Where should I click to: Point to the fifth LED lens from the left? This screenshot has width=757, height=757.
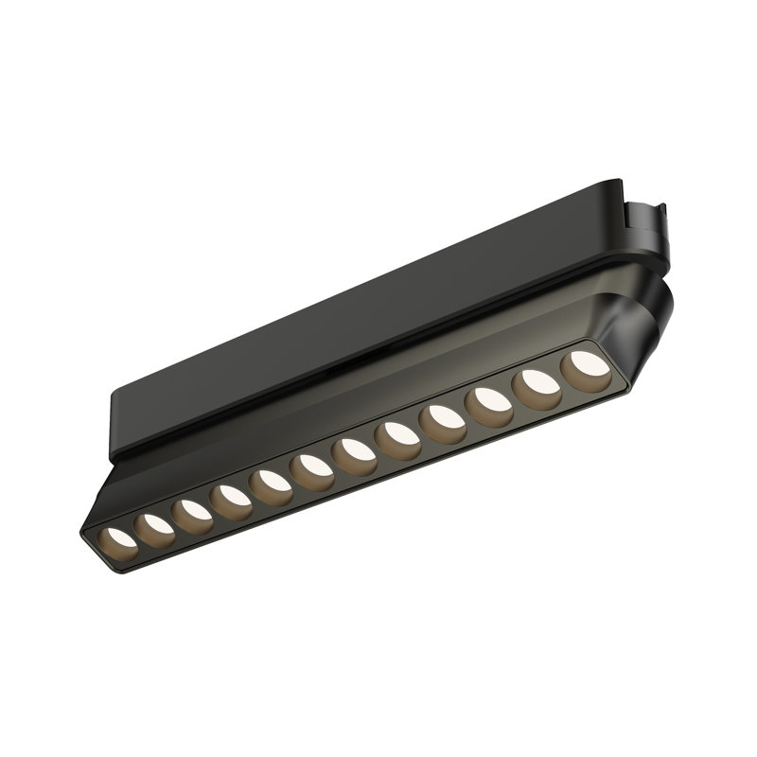[x=271, y=480]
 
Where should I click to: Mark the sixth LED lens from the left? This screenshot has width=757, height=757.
[x=311, y=465]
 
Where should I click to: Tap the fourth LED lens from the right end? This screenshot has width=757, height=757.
[x=445, y=416]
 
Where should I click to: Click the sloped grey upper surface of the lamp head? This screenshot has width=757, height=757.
[x=378, y=378]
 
